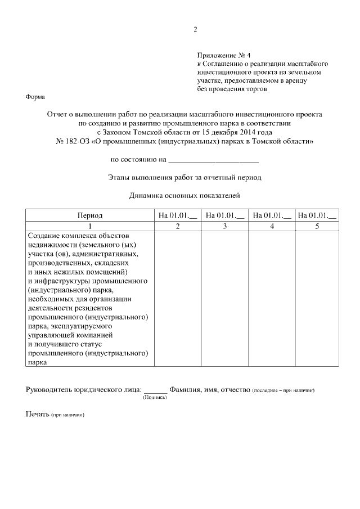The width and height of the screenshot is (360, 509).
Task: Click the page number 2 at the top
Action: [195, 30]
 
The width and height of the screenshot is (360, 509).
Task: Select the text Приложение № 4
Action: [223, 55]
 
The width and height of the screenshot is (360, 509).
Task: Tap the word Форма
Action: [36, 97]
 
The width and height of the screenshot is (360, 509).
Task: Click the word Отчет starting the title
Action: [59, 114]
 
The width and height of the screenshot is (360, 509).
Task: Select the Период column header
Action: [90, 215]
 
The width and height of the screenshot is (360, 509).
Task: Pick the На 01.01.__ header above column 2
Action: [178, 215]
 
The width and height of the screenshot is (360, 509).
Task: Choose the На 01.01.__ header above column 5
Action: [317, 215]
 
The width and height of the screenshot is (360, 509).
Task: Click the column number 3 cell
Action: [225, 226]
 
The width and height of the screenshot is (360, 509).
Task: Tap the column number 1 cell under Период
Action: [90, 226]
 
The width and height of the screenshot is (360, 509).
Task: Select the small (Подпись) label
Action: [155, 398]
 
